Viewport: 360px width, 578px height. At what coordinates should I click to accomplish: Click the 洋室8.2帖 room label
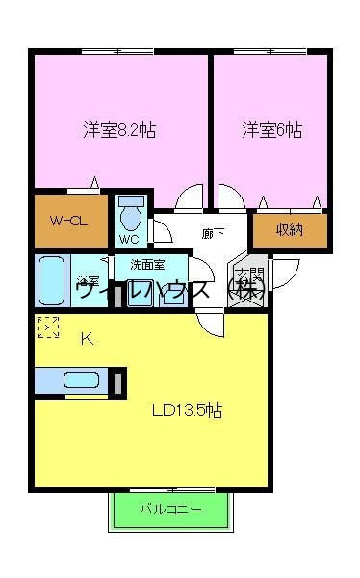point(119,129)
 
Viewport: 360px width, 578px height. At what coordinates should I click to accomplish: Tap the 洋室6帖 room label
point(271,129)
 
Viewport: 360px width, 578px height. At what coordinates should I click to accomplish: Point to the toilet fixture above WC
point(131,211)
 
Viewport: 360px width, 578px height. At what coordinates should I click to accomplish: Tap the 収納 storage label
point(290,230)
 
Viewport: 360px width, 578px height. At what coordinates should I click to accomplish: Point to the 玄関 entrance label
point(248,280)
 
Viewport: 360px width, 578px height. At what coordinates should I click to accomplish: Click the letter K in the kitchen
point(86,338)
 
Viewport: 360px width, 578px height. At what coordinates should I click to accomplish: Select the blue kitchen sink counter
point(71,381)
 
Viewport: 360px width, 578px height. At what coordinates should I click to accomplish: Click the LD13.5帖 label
point(188,410)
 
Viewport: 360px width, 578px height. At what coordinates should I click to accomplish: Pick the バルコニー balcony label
point(171,509)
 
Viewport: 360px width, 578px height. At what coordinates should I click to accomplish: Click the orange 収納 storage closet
point(290,230)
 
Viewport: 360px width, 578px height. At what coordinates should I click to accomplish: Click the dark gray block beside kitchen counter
point(117,381)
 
